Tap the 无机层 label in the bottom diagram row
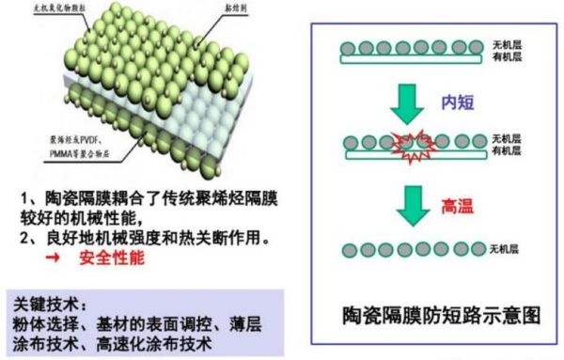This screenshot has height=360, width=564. tap(508, 249)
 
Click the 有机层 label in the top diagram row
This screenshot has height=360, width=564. tap(508, 57)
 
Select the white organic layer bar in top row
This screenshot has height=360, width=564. tap(413, 57)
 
